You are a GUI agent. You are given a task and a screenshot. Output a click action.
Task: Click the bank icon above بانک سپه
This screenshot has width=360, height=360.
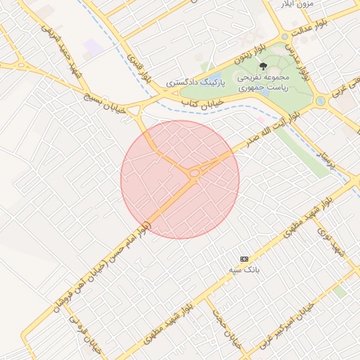[x=244, y=259]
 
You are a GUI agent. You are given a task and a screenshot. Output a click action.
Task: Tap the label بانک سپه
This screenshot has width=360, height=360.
[x=244, y=269]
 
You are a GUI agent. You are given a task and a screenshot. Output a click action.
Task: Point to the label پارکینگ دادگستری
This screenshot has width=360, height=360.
[x=195, y=83]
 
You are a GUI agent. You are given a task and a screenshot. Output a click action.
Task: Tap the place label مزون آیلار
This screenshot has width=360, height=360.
[x=295, y=4]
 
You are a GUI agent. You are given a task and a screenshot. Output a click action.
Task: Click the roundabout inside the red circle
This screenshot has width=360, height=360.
[x=193, y=172]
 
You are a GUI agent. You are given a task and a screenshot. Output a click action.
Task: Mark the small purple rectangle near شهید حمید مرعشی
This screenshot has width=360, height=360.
[x=92, y=48]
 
